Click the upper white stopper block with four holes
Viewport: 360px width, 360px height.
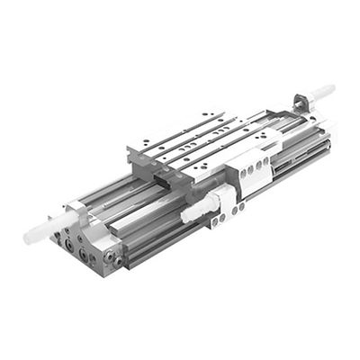click(x=256, y=166)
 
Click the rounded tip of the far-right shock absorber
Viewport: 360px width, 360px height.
click(x=330, y=89)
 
